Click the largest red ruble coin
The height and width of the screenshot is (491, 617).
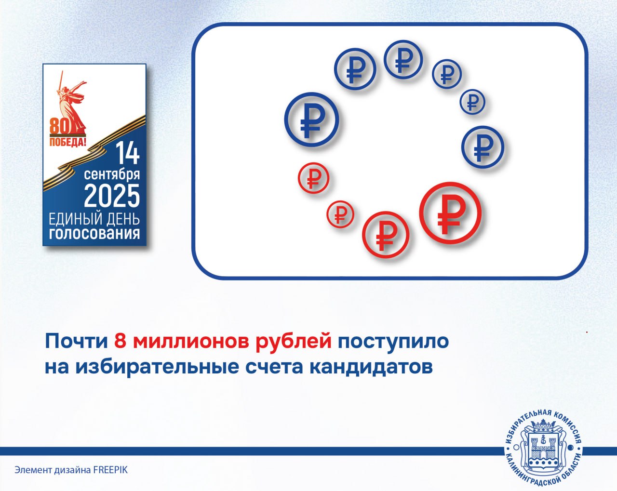[x=450, y=213]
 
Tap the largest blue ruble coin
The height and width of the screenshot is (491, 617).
[x=312, y=119]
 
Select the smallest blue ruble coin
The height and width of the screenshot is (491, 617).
[x=472, y=102]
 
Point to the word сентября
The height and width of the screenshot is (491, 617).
[x=112, y=174]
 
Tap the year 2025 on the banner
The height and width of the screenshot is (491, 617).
[x=112, y=196]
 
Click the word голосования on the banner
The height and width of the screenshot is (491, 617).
[x=94, y=234]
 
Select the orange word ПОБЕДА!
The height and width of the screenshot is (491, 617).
[x=67, y=142]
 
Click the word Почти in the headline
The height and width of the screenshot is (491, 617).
[x=76, y=341]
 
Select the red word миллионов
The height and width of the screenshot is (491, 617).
[x=191, y=341]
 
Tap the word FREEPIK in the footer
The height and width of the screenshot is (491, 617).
[x=110, y=470]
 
